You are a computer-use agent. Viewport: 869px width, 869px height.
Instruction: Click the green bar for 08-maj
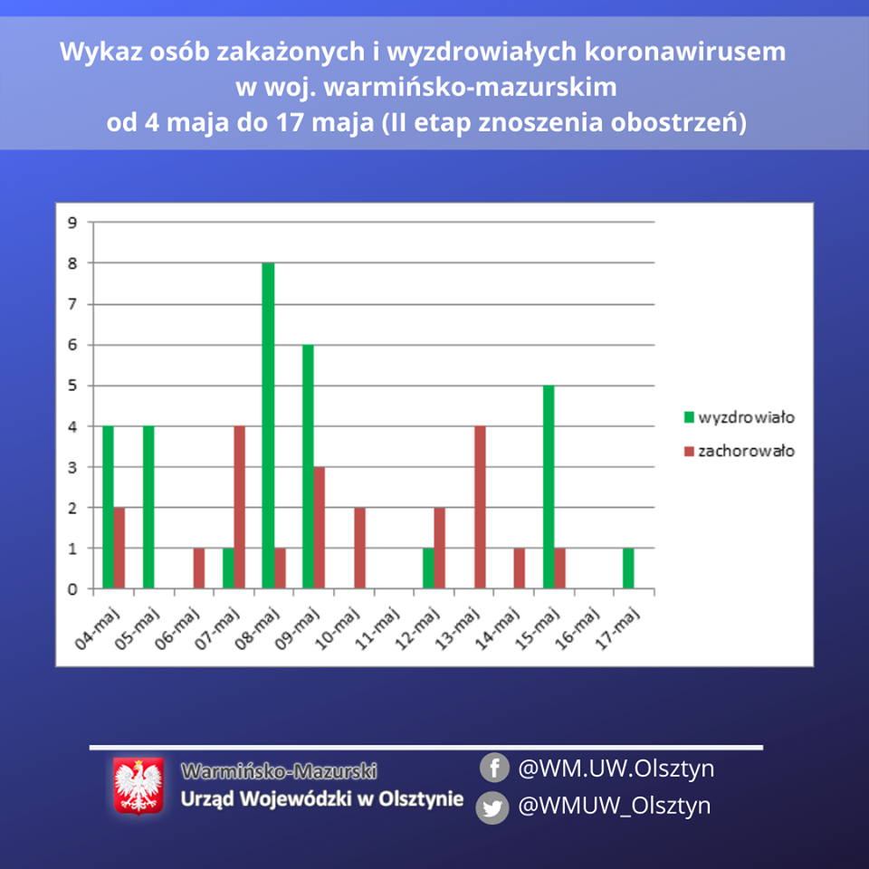268,425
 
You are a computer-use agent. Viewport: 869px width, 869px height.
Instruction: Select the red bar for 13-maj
480,507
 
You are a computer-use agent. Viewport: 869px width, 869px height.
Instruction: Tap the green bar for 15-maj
549,487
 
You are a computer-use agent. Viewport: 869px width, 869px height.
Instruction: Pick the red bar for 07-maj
239,507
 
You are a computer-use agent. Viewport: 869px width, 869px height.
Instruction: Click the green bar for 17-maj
628,568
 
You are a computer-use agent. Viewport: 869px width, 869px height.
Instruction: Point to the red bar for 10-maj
359,548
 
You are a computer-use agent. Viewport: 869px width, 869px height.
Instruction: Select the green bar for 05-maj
148,507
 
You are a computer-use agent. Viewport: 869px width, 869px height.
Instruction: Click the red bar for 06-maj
199,568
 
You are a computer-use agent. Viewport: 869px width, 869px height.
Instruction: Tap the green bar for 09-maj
308,467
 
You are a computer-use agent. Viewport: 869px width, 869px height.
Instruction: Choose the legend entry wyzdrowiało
740,417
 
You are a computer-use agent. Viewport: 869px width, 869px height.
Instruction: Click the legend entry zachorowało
740,451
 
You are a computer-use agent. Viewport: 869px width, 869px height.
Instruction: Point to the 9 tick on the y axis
72,223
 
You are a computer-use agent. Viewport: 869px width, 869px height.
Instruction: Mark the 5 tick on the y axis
72,386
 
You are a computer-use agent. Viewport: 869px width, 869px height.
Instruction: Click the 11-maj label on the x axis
378,628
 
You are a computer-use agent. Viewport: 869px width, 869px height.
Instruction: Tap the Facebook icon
494,768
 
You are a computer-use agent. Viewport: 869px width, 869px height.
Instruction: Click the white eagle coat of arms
138,786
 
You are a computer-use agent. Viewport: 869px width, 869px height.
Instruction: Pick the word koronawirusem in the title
685,52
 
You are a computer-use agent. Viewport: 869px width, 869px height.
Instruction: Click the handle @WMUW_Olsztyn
614,806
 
